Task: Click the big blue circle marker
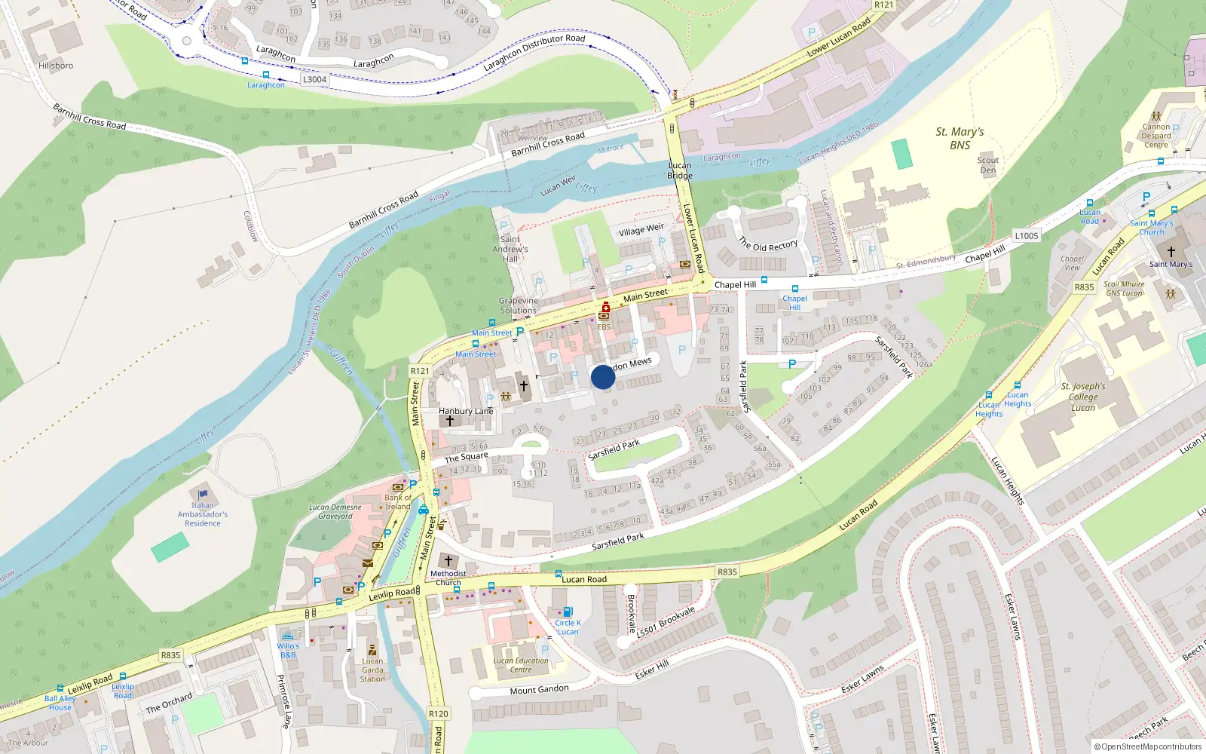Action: (x=603, y=377)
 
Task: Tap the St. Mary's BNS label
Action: (x=960, y=138)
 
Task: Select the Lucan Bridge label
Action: (x=679, y=170)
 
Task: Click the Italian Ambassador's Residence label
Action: (x=203, y=514)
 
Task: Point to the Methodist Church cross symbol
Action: (x=448, y=561)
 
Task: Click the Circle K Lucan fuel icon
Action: (x=568, y=612)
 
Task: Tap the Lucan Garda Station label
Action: (x=372, y=670)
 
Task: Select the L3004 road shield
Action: (x=314, y=79)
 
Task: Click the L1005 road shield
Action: (x=1026, y=236)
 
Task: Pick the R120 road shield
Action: (x=438, y=713)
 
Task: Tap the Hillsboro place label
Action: (x=56, y=66)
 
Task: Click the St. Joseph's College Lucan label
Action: (x=1083, y=397)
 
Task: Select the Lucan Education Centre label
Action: (x=521, y=665)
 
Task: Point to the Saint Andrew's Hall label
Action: (x=510, y=249)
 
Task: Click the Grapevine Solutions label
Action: (x=519, y=305)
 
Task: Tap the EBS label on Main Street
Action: (x=604, y=327)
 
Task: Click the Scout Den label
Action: (x=987, y=165)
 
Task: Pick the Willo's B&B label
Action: (x=288, y=650)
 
